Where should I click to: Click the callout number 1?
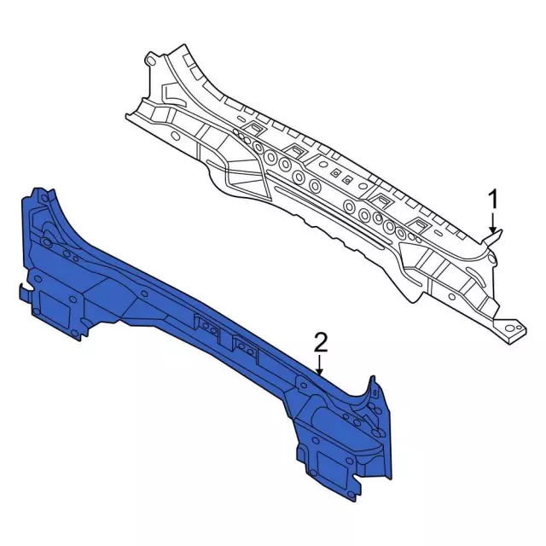click(492, 200)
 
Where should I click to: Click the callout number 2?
click(320, 343)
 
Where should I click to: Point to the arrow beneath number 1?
click(492, 223)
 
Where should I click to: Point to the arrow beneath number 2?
click(320, 366)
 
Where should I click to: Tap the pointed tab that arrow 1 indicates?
click(496, 235)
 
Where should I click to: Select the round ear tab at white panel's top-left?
click(150, 60)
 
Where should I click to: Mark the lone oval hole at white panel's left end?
click(176, 135)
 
